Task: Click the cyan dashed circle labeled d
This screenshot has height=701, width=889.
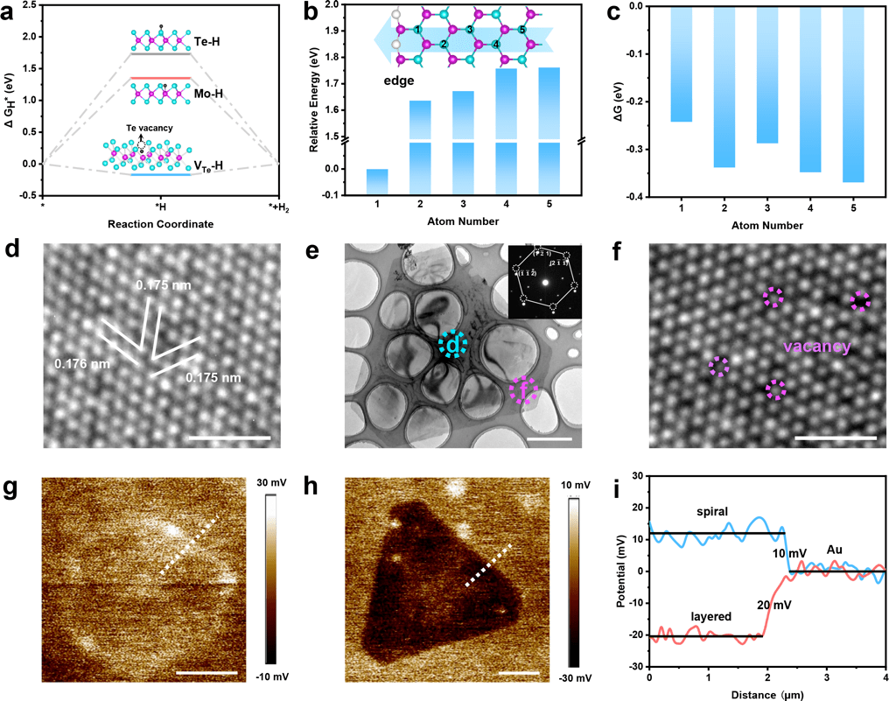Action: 452,347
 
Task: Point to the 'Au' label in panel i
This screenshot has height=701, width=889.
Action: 834,551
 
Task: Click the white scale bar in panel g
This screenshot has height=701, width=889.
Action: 206,673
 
